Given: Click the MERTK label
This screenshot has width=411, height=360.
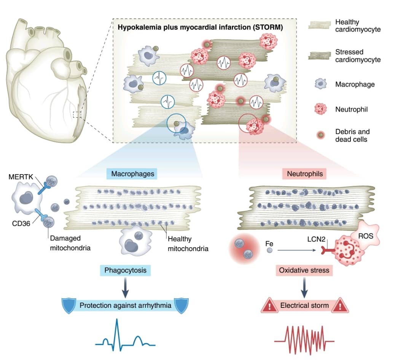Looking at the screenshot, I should [x=20, y=177].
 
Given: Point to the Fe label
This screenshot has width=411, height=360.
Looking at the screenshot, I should [x=269, y=242].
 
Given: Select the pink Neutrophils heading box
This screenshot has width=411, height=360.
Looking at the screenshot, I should [x=304, y=174].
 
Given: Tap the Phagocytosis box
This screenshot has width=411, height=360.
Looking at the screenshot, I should [x=125, y=271].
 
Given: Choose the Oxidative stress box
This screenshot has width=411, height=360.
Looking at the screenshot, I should [x=304, y=271].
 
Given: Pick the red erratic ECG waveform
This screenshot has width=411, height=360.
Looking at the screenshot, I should [x=304, y=337].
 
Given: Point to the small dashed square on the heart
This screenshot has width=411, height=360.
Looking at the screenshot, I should [x=77, y=114].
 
